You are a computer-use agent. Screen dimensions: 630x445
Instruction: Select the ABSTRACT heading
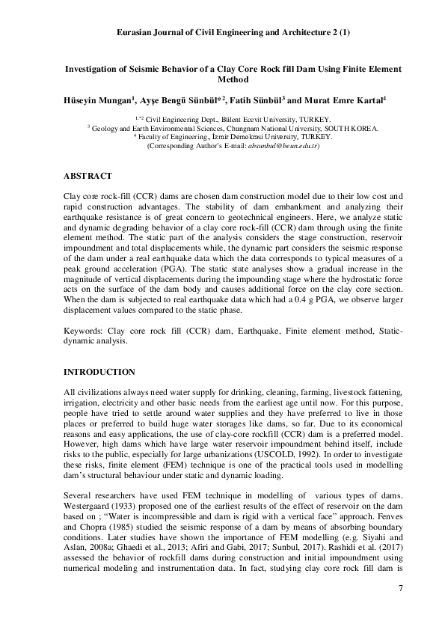88,177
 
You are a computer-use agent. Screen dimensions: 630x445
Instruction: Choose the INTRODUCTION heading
99,372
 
